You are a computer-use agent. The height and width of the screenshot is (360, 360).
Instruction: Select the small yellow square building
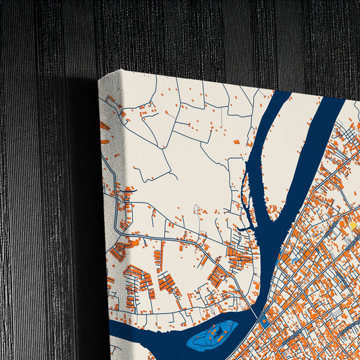click(x=353, y=225)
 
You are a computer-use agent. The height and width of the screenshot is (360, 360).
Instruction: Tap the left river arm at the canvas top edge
click(x=281, y=95)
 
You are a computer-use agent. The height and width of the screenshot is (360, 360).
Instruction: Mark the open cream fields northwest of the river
click(x=176, y=149)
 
